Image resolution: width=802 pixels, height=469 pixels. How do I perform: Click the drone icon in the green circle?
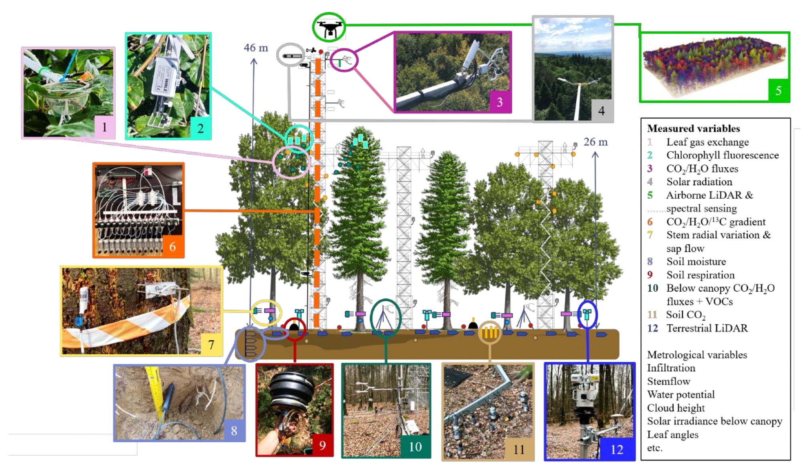point(329,27)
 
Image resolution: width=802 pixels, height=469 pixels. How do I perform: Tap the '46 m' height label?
point(256,48)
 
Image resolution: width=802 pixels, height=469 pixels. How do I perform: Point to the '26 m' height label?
point(595,142)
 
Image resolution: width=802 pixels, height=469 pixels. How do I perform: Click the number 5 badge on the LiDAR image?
point(778,90)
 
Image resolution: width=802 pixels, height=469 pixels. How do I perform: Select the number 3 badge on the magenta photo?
point(500,102)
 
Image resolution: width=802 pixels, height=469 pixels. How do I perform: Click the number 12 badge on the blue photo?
point(617,449)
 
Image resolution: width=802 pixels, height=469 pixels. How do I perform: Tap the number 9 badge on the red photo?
point(322,445)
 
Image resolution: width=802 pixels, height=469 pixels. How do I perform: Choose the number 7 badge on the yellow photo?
point(211,344)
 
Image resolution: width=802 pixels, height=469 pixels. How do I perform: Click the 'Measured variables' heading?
point(693,128)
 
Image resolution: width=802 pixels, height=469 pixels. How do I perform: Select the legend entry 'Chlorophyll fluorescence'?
point(722,155)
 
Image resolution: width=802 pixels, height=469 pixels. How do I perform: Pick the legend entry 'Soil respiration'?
point(700,275)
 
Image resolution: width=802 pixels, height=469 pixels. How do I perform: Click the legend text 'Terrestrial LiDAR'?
point(707,328)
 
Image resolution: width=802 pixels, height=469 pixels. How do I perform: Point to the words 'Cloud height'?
point(676,408)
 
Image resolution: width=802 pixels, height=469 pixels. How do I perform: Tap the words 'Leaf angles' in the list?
point(672,434)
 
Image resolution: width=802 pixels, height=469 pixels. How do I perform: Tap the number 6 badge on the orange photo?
point(173,246)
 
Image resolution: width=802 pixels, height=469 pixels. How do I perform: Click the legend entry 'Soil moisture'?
point(696,262)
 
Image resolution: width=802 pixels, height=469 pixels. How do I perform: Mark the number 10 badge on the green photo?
point(415,447)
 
